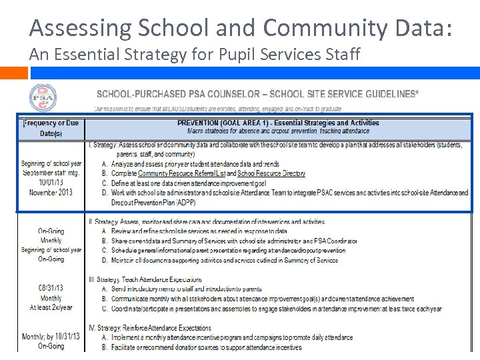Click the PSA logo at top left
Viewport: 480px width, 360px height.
[43, 98]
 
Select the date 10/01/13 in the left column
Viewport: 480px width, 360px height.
[51, 182]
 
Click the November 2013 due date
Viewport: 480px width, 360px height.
[51, 192]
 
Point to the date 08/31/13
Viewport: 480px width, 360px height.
[51, 289]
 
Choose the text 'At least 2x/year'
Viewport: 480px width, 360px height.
[51, 307]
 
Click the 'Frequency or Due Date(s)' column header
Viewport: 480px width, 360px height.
[51, 128]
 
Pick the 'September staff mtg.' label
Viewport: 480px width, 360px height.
[51, 173]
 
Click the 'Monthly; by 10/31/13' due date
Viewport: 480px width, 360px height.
[51, 337]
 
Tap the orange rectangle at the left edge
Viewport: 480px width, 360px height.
[9, 73]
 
